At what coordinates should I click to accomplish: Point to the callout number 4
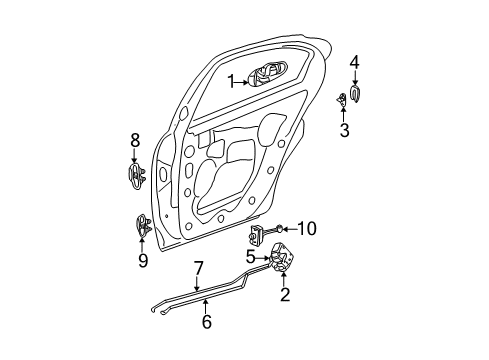[x=354, y=63]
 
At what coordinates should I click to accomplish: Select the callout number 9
[x=143, y=261]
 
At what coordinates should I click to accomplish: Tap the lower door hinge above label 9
[x=142, y=226]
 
